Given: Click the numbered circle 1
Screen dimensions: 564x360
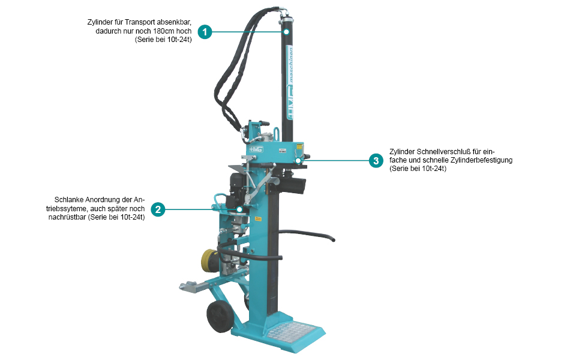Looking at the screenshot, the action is click(x=205, y=32).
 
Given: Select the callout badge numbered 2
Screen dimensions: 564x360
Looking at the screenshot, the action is click(x=158, y=209).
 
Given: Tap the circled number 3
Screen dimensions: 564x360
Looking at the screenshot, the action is click(x=376, y=160).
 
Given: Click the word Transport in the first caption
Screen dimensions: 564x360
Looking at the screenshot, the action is click(x=140, y=22).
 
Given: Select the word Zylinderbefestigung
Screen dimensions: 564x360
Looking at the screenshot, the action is click(x=482, y=160).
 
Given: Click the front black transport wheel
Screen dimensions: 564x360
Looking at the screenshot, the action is click(x=219, y=316).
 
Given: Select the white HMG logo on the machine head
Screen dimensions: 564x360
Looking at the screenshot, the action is click(x=256, y=149).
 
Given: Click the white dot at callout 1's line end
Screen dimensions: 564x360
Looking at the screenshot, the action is click(x=286, y=32).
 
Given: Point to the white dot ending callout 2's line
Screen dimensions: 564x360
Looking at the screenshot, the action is click(x=239, y=209).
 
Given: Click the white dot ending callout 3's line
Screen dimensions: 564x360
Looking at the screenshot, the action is click(x=298, y=160).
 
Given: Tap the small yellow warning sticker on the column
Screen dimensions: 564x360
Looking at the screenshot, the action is click(x=258, y=218).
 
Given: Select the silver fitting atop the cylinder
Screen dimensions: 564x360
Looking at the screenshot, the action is click(x=286, y=14).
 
